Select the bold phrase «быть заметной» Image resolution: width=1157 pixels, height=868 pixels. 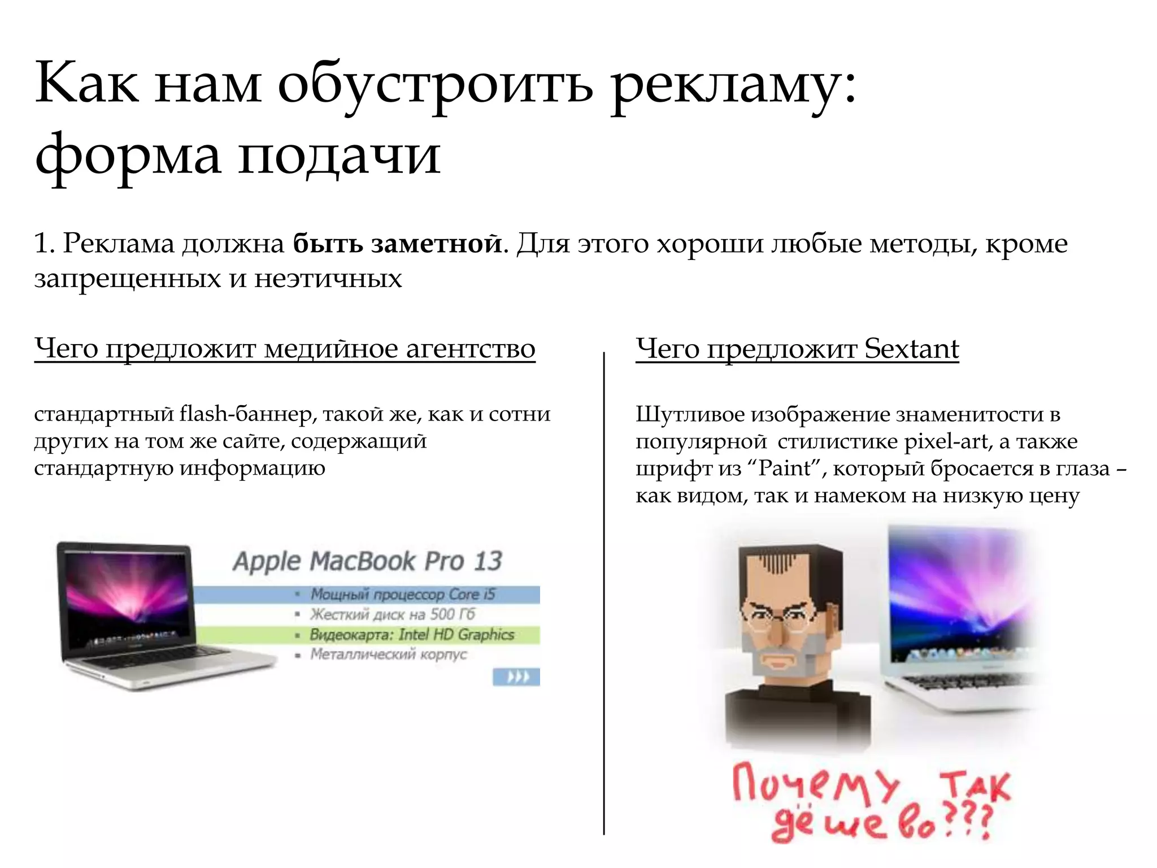397,244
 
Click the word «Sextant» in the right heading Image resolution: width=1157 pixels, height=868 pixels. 911,349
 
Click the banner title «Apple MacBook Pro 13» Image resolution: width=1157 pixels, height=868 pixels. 367,561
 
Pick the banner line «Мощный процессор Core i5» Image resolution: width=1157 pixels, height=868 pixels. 402,594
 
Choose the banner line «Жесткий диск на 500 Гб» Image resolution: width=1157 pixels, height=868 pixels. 393,614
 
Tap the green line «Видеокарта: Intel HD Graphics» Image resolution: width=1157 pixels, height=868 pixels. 412,635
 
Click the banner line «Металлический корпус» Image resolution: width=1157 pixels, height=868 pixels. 389,654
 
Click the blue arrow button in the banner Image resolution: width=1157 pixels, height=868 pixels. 516,676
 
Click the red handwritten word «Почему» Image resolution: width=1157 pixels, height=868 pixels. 814,783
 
